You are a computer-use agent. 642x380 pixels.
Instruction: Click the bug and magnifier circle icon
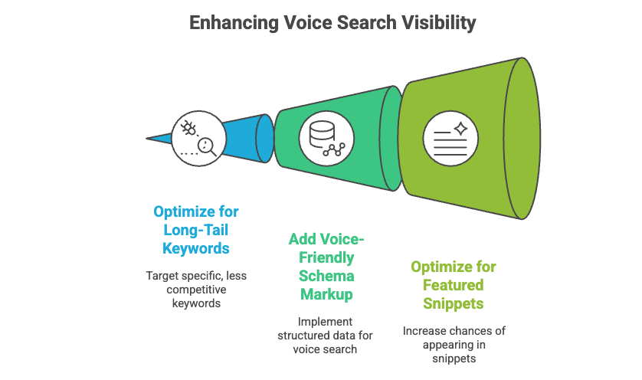[x=198, y=138]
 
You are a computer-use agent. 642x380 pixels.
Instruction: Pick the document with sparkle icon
[x=450, y=138]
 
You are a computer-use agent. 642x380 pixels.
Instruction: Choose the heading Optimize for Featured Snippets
[x=454, y=286]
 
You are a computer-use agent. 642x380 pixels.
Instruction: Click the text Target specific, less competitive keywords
[x=196, y=289]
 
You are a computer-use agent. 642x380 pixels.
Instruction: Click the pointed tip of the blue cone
[x=149, y=139]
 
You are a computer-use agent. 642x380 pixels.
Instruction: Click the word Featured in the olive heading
[x=454, y=286]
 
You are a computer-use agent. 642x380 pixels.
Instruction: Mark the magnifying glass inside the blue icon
[x=205, y=146]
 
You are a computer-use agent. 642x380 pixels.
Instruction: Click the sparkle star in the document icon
[x=461, y=126]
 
